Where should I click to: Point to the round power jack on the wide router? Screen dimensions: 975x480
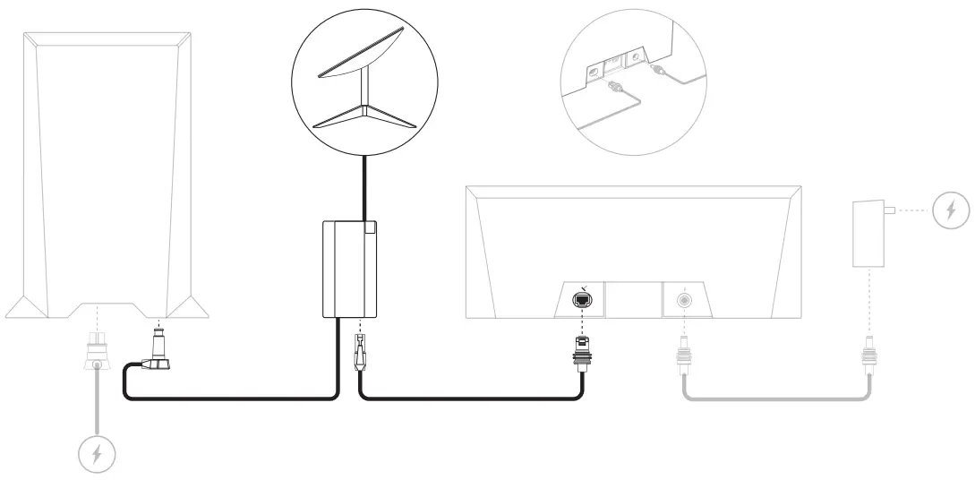click(685, 302)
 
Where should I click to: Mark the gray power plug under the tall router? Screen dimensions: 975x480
click(96, 351)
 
